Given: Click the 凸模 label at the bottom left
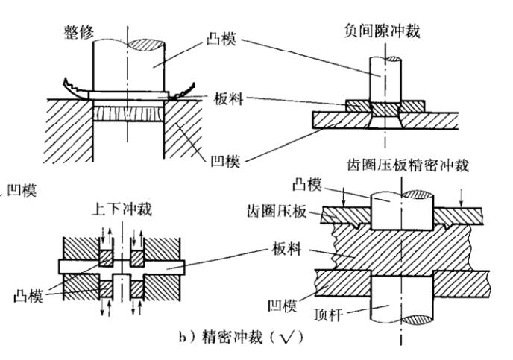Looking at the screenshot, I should (26, 297).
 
